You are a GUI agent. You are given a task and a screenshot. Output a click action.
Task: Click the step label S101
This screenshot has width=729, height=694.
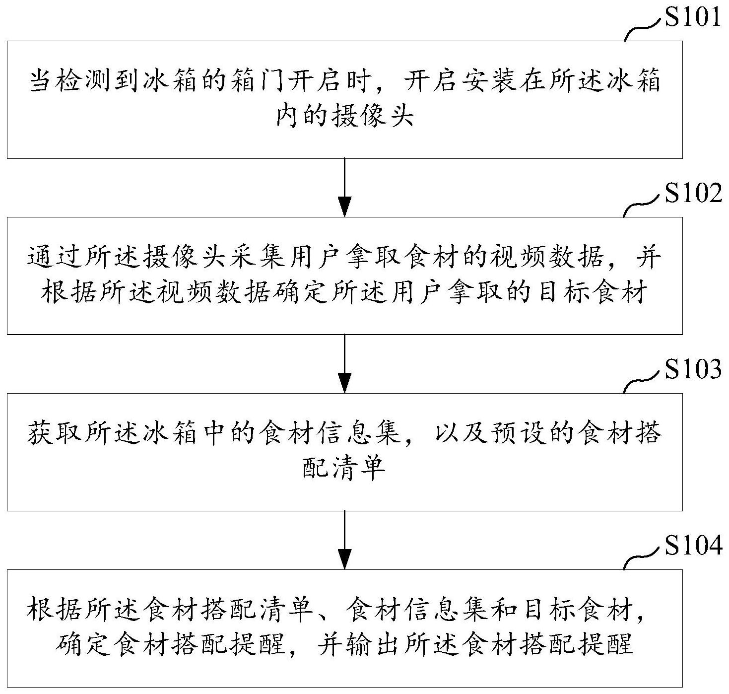pos(692,17)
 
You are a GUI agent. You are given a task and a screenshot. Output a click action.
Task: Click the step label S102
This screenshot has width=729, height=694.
pos(693,194)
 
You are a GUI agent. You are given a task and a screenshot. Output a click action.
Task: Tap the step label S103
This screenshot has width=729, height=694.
pos(693,370)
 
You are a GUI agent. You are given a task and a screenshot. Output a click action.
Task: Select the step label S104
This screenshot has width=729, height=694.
pos(693,546)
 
